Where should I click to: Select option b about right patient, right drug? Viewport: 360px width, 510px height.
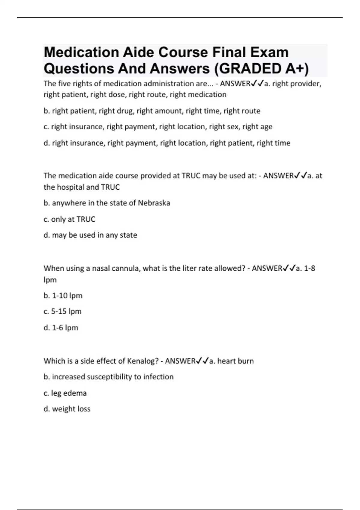coord(152,111)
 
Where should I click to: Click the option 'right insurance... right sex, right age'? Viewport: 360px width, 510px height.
coord(158,127)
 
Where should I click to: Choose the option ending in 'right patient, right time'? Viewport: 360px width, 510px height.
coord(167,143)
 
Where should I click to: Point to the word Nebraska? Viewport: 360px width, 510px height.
coord(154,203)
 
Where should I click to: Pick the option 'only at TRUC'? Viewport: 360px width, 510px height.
coord(69,219)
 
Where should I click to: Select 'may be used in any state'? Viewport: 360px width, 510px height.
coord(90,235)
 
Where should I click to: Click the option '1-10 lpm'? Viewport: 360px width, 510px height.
coord(63,296)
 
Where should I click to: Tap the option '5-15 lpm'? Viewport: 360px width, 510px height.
coord(62,311)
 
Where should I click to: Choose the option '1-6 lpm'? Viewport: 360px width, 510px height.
coord(61,328)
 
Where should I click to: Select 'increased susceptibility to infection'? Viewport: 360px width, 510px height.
coord(109,377)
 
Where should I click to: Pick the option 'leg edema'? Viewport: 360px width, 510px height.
coord(65,393)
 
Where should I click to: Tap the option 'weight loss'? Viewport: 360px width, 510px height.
coord(67,409)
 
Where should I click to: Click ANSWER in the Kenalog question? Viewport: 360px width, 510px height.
coord(180,361)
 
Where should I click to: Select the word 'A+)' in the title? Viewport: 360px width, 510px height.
coord(297,69)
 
